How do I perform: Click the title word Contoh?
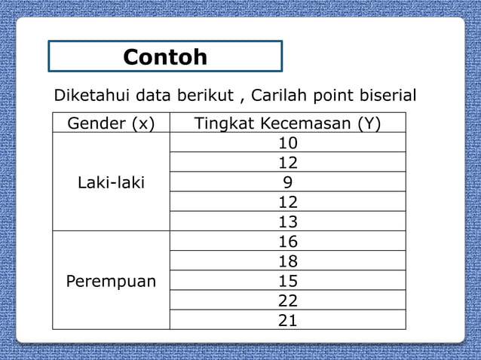pyautogui.click(x=165, y=57)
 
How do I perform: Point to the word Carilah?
pyautogui.click(x=279, y=97)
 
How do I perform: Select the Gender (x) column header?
pyautogui.click(x=111, y=124)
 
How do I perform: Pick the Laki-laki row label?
pyautogui.click(x=112, y=182)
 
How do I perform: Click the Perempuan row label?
pyautogui.click(x=112, y=282)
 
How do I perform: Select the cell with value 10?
pyautogui.click(x=288, y=143)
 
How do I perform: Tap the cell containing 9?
pyautogui.click(x=288, y=182)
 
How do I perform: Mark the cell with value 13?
pyautogui.click(x=288, y=222)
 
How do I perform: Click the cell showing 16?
pyautogui.click(x=288, y=242)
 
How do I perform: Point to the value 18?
pyautogui.click(x=288, y=261)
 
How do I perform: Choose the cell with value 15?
pyautogui.click(x=288, y=281)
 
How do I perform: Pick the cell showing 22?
pyautogui.click(x=288, y=301)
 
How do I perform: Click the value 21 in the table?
pyautogui.click(x=288, y=320)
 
